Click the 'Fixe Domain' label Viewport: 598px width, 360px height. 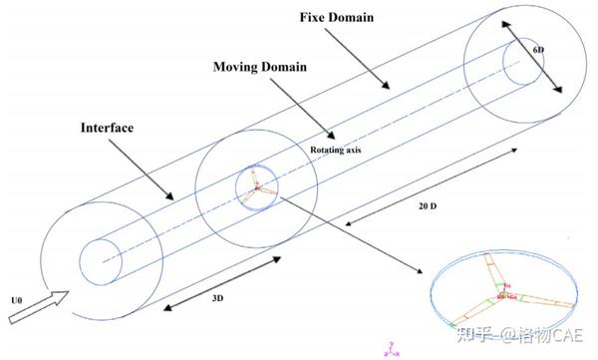tap(337, 19)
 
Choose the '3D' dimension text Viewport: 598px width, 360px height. tap(216, 299)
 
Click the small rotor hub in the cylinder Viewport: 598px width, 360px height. tap(256, 187)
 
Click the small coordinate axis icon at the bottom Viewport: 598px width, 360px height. tap(392, 349)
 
